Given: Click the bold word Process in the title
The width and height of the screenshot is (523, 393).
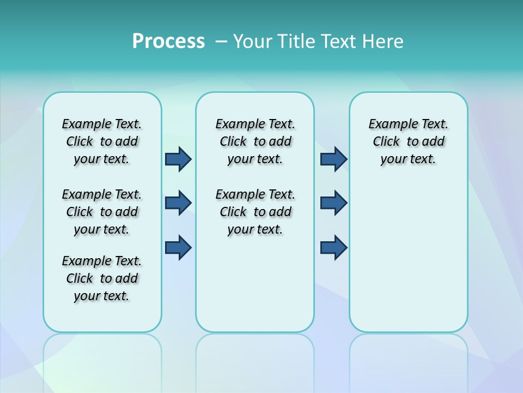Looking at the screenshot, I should (x=168, y=41).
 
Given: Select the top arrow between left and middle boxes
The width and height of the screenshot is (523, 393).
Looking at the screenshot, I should (x=178, y=159).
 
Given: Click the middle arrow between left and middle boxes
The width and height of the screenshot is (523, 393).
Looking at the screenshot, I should (x=178, y=203).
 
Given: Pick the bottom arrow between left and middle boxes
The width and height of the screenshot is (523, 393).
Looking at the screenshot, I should (x=178, y=247).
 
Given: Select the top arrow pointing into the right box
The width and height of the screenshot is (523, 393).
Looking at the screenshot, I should (x=333, y=159).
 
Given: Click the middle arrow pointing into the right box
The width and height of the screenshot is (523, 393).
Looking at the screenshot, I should (x=333, y=203).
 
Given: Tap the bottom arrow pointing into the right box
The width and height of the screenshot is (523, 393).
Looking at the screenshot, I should (x=333, y=247).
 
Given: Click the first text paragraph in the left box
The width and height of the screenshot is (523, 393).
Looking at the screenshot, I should (x=102, y=141).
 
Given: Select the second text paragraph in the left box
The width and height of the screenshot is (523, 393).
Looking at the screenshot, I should (x=102, y=212).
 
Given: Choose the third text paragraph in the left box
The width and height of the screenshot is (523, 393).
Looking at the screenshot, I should (x=102, y=278).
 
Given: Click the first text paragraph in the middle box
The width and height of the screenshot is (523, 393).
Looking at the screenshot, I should (x=255, y=141).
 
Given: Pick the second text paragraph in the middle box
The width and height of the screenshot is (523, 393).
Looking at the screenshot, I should (x=255, y=212).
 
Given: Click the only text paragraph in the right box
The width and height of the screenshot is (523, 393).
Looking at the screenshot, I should (x=408, y=141).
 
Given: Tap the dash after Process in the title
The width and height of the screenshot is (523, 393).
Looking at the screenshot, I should (x=221, y=41).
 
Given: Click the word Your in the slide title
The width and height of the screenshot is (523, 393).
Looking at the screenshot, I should (x=253, y=41).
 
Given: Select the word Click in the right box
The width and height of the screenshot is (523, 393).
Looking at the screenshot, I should (x=386, y=142).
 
